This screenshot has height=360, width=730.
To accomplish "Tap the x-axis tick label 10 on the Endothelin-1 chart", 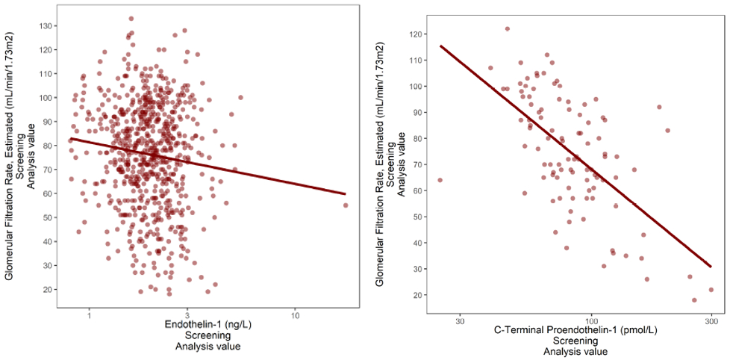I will click(x=296, y=316).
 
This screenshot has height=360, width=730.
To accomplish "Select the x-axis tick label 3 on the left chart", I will click(x=187, y=316).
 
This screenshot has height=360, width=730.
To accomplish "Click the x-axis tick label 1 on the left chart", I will click(x=89, y=316).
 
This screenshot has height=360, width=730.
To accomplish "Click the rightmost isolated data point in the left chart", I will click(x=346, y=205).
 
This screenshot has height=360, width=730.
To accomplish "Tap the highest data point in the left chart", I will click(x=131, y=19).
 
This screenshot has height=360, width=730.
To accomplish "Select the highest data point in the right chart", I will click(x=507, y=29).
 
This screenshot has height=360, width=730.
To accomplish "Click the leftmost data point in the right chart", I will click(x=440, y=180).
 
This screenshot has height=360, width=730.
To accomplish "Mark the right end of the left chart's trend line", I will click(x=346, y=194).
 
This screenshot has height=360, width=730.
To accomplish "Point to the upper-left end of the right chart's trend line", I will click(x=440, y=46).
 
